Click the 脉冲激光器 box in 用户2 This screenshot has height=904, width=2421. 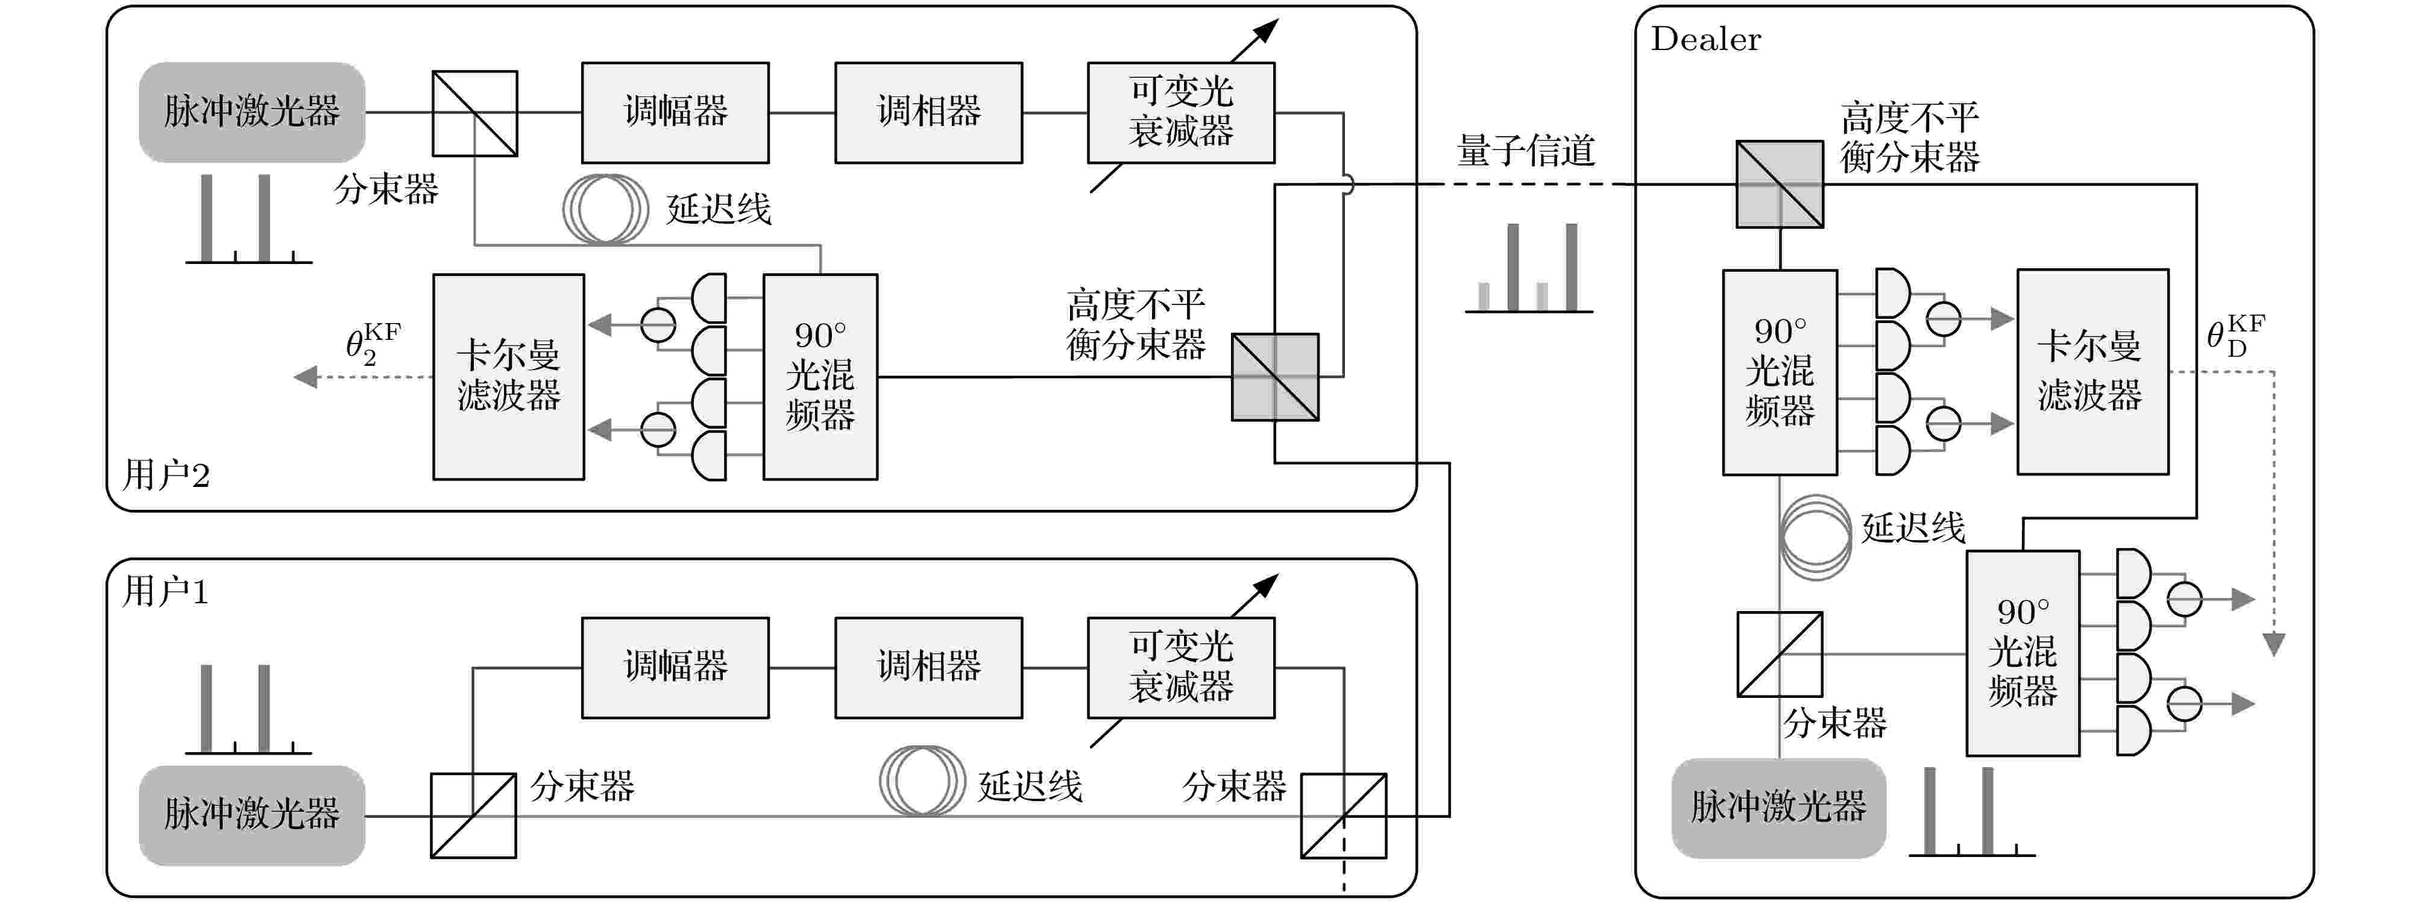pyautogui.click(x=252, y=112)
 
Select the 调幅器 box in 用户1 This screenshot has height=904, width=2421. pyautogui.click(x=675, y=667)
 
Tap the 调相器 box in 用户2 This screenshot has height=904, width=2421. pyautogui.click(x=928, y=113)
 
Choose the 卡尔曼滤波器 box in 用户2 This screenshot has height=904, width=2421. pyautogui.click(x=508, y=377)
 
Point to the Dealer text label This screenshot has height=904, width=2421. pyautogui.click(x=1706, y=39)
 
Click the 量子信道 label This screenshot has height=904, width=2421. pyautogui.click(x=1525, y=150)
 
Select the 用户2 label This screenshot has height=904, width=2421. pyautogui.click(x=166, y=474)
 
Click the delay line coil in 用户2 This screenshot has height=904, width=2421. pyautogui.click(x=605, y=209)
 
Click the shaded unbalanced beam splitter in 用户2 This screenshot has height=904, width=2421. pyautogui.click(x=1276, y=377)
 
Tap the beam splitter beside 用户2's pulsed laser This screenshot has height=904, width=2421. pyautogui.click(x=474, y=113)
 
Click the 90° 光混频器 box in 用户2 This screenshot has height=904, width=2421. pyautogui.click(x=820, y=377)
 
